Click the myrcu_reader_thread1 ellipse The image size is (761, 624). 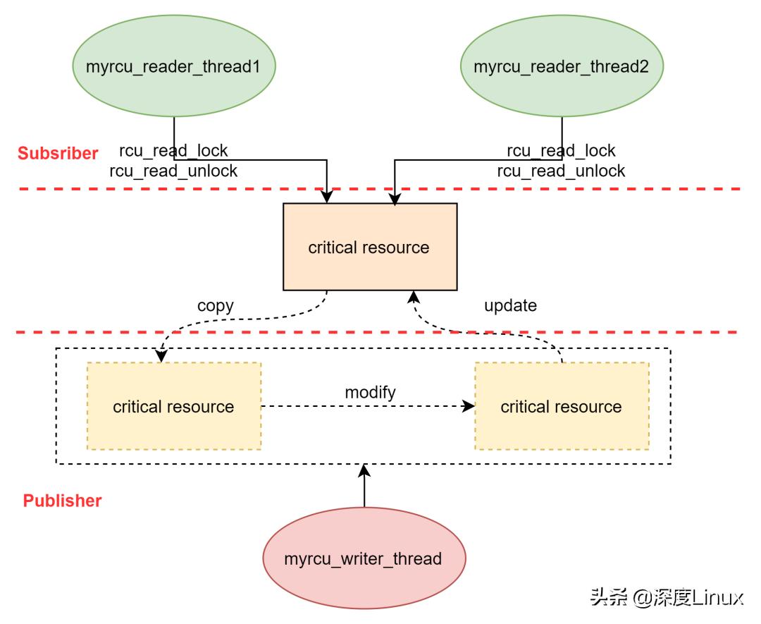pos(174,67)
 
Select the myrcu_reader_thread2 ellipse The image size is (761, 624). pos(561,67)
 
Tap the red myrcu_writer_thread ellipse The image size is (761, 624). pos(364,559)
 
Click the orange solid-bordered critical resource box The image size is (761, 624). pos(370,247)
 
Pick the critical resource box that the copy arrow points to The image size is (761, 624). pos(174,407)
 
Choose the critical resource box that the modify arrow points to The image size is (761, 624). pos(562,407)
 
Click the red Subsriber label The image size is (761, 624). pos(58,153)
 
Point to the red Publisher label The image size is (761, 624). pos(63,501)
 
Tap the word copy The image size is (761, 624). pos(216,306)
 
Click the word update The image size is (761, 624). pos(510,306)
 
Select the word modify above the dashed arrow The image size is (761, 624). pos(370,392)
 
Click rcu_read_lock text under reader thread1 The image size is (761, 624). pos(174,151)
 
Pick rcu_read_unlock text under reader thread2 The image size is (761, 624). pos(561,171)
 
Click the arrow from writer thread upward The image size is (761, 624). pos(364,487)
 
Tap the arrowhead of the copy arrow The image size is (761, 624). pos(161,357)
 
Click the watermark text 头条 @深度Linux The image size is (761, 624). pos(667,598)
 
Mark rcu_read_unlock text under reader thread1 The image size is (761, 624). pos(174,171)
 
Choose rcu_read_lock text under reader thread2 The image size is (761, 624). pos(561,151)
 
